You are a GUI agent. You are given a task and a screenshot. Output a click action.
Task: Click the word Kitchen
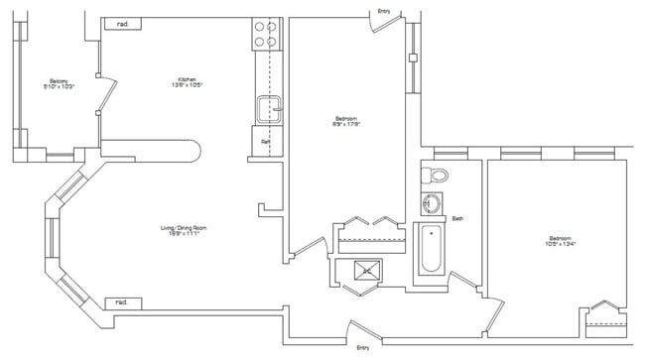pos(187,79)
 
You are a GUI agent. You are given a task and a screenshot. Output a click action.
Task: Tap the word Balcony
pos(59,80)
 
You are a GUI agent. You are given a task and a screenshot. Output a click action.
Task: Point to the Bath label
pos(458,218)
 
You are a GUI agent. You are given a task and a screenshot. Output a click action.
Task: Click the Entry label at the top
pos(384,11)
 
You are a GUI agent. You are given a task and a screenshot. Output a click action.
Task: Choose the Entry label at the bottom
pos(363,347)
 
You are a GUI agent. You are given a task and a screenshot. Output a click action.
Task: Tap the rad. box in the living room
pos(122,301)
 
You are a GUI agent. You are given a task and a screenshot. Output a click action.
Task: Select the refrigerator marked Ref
pos(266,141)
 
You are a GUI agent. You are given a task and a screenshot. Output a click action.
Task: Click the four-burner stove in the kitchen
pos(266,35)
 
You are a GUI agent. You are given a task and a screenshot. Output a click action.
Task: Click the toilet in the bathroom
pos(436,176)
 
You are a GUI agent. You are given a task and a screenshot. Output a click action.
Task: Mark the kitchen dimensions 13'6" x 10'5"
pos(187,85)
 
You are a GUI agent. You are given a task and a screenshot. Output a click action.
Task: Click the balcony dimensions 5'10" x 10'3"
pos(59,87)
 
